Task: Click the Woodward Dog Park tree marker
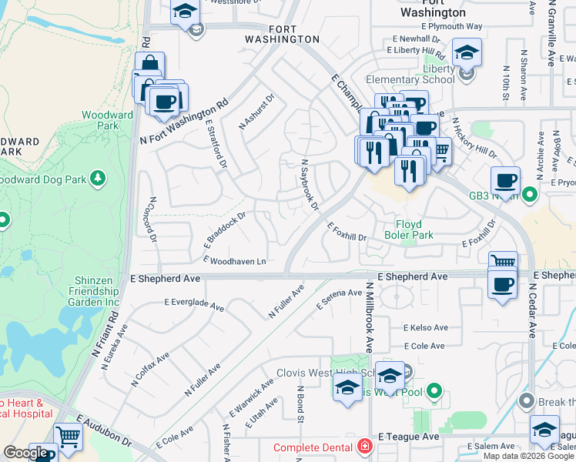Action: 98,179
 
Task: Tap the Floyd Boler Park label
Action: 409,229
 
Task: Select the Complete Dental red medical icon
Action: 363,447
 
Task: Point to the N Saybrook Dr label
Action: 310,186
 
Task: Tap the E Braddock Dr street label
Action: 223,229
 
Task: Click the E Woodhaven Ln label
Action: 234,262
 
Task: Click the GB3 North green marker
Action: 529,196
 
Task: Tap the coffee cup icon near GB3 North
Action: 505,182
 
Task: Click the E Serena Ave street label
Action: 339,300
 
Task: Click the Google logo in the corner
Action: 26,453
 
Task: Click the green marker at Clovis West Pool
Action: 434,392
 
